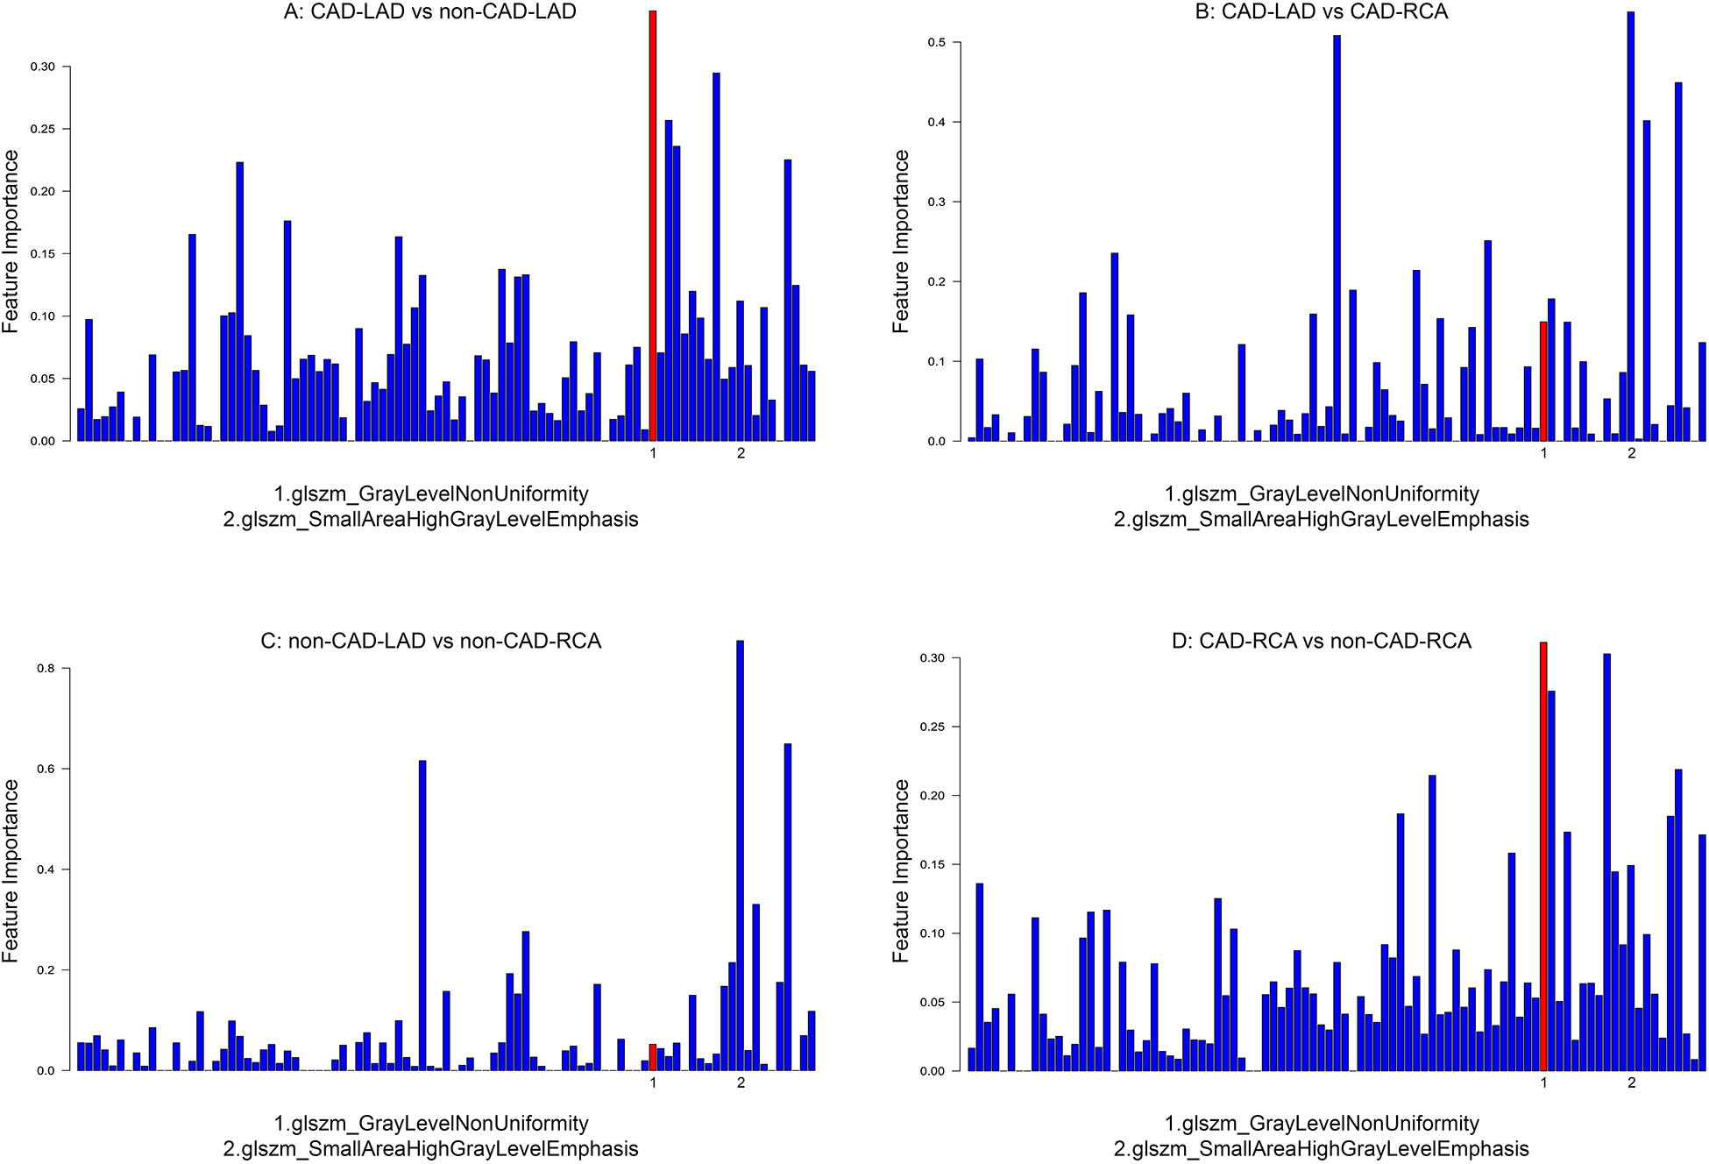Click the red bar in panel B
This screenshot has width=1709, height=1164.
(1543, 381)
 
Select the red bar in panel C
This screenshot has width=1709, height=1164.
(653, 1057)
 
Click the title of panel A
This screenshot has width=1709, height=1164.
(429, 12)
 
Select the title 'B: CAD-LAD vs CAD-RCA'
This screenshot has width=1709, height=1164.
(1321, 12)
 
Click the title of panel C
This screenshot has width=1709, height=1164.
(430, 642)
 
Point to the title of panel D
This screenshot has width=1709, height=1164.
(1321, 642)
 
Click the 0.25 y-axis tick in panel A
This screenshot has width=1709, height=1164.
(42, 129)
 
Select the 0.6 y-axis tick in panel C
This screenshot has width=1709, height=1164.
(46, 769)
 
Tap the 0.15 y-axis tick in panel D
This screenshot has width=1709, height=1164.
(933, 864)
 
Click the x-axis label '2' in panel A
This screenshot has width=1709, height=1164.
(741, 453)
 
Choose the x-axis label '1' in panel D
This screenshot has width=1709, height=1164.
(1543, 1082)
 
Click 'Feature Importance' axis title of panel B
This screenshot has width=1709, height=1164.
(901, 241)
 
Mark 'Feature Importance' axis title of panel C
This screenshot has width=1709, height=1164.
(11, 870)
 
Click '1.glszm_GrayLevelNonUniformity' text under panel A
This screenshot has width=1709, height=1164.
(430, 494)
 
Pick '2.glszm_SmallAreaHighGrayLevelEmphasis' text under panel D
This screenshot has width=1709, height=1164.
(1321, 1149)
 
